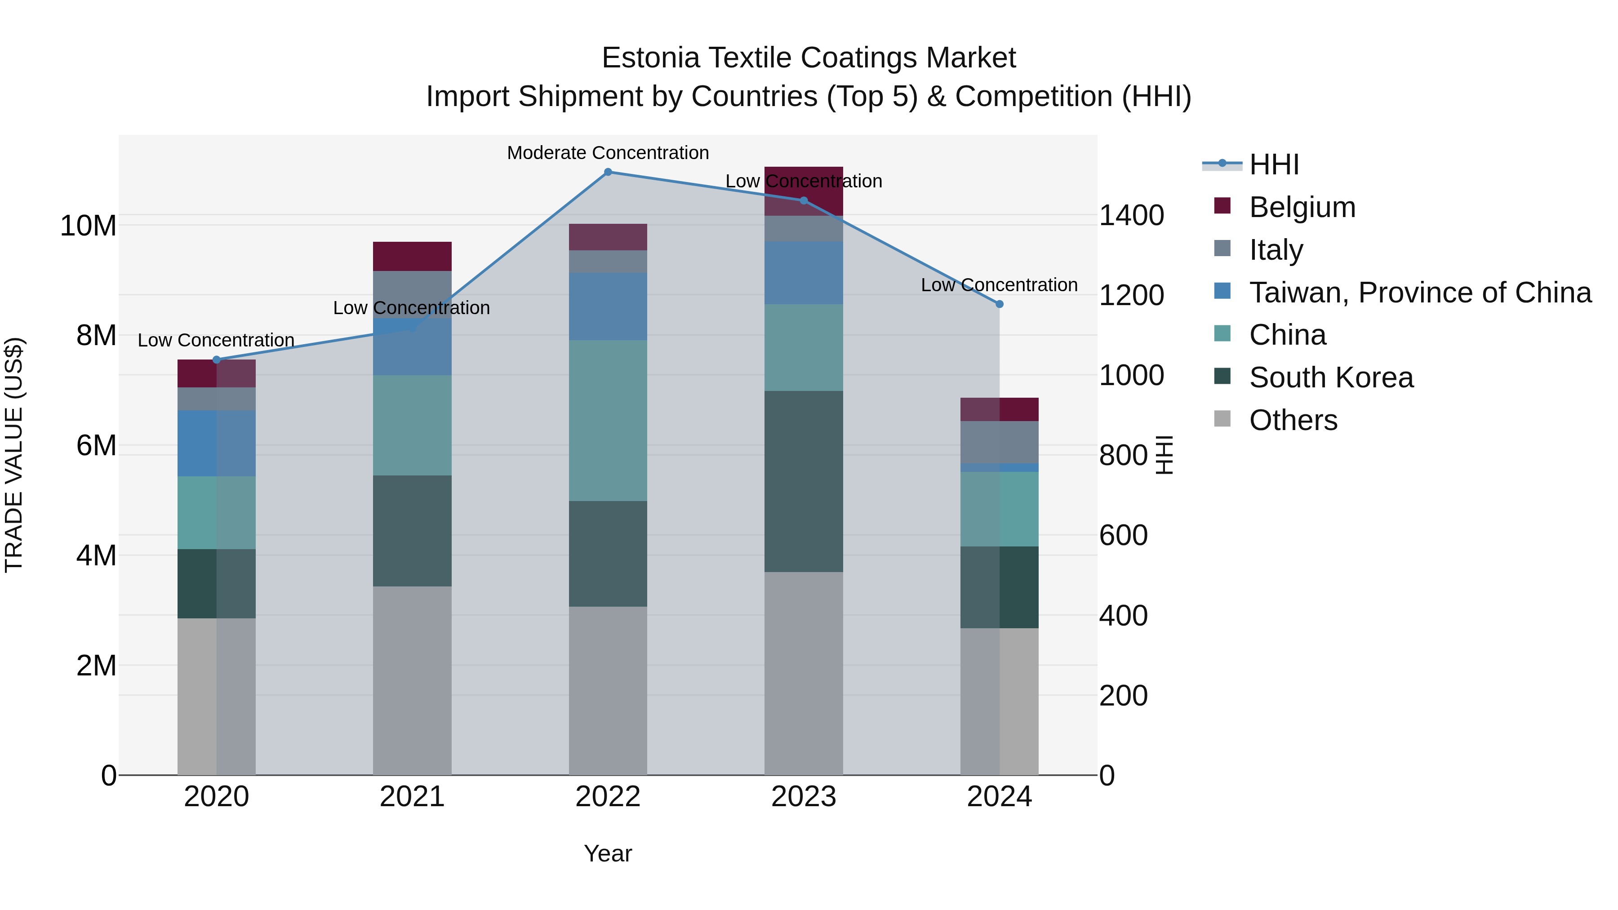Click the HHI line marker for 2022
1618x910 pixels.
pos(607,172)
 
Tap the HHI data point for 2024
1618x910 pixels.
pos(999,304)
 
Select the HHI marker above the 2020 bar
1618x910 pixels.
pos(217,360)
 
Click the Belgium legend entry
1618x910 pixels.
pos(1302,207)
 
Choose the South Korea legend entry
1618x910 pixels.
pos(1331,377)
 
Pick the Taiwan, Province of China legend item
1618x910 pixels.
pos(1419,293)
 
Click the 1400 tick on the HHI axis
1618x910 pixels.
pos(1131,215)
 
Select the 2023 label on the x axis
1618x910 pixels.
pos(803,797)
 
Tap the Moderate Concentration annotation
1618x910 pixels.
pos(607,153)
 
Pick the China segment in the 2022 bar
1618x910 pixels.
pos(607,420)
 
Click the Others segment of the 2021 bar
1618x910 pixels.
pos(412,680)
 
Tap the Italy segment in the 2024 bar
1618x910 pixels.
pos(999,442)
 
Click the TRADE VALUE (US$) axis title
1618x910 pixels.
pos(14,455)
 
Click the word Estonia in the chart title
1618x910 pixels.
pos(650,58)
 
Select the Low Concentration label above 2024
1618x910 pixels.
pos(999,285)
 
